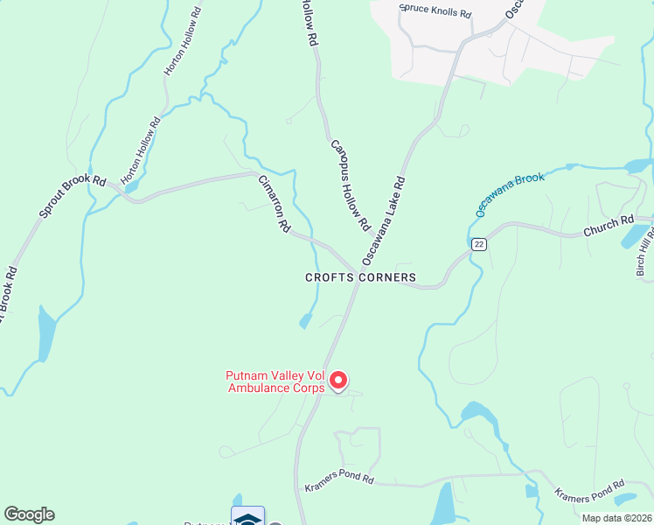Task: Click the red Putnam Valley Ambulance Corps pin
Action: pyautogui.click(x=337, y=381)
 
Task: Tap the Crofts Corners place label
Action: pyautogui.click(x=360, y=277)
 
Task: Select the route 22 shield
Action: pyautogui.click(x=477, y=244)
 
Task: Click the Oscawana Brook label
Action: pyautogui.click(x=510, y=194)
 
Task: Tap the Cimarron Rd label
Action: pyautogui.click(x=274, y=203)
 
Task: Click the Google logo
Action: pyautogui.click(x=29, y=514)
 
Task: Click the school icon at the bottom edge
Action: pyautogui.click(x=247, y=516)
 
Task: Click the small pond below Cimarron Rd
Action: pyautogui.click(x=305, y=321)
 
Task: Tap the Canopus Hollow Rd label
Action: pyautogui.click(x=349, y=185)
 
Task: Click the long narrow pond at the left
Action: pyautogui.click(x=45, y=332)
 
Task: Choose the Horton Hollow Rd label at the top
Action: pyautogui.click(x=183, y=44)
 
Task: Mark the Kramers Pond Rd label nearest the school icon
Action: pyautogui.click(x=339, y=479)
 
